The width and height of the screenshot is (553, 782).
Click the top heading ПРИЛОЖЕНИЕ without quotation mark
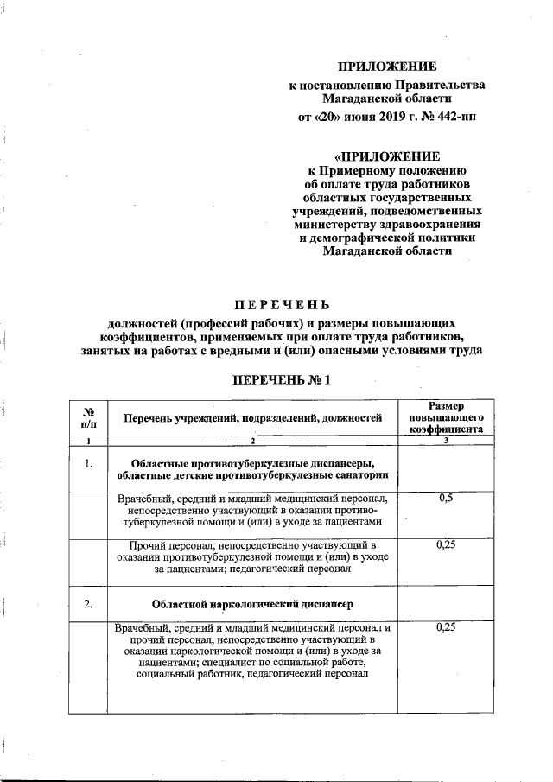point(387,67)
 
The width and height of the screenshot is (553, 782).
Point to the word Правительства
point(441,85)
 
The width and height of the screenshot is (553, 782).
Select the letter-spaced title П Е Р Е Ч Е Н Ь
point(283,303)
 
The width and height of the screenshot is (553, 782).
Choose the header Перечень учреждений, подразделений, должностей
point(252,418)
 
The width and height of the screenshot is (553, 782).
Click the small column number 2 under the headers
point(253,442)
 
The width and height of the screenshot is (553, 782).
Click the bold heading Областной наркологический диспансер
point(253,603)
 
